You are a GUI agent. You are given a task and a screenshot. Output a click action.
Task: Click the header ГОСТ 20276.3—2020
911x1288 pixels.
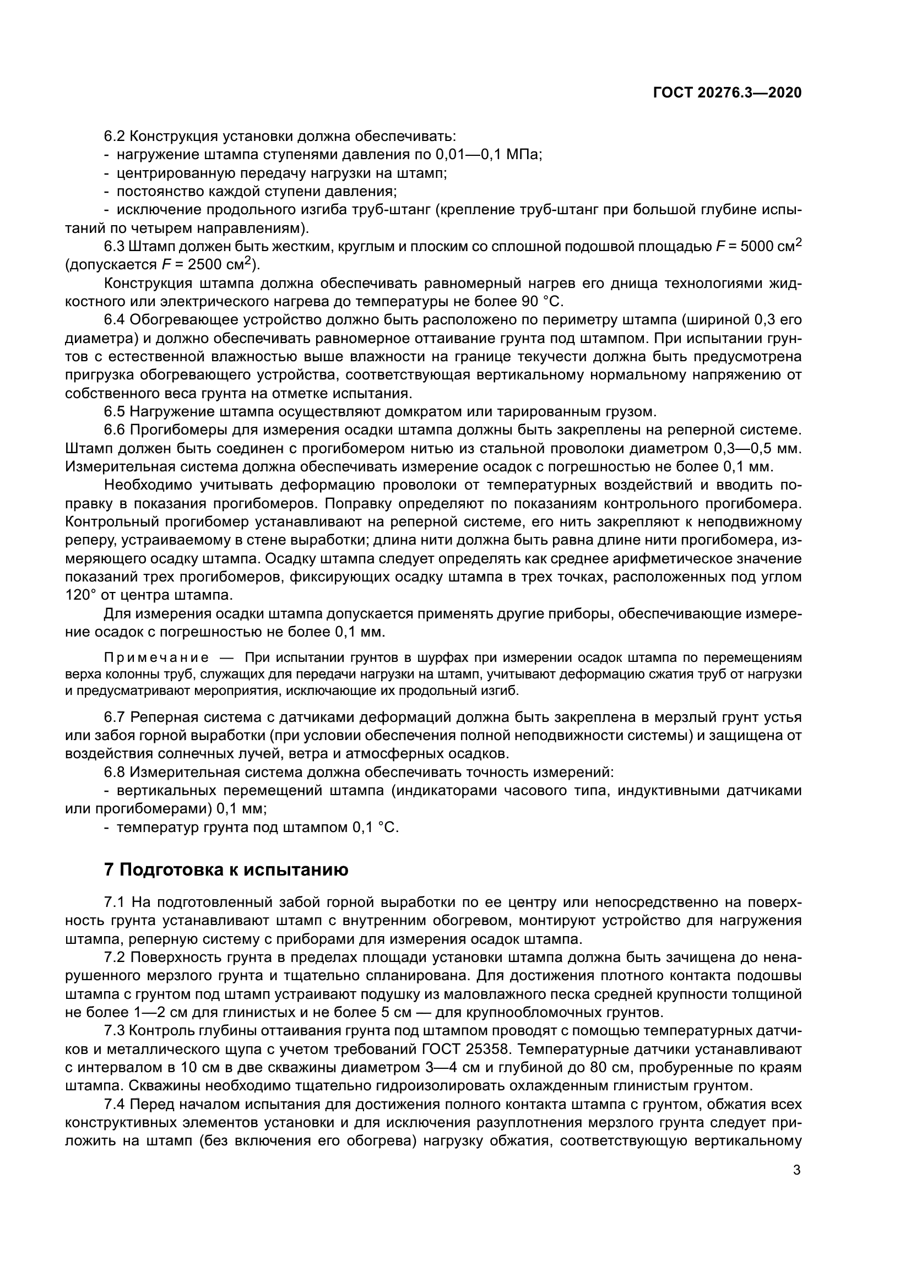click(727, 93)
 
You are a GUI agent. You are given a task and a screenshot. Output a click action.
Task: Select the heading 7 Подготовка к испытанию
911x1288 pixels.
click(226, 869)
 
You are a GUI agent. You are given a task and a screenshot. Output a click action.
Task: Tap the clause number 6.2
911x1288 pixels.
click(115, 137)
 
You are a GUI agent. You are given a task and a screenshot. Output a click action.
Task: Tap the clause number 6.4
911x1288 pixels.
click(115, 320)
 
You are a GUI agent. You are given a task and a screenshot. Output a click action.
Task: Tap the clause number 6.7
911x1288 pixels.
click(115, 718)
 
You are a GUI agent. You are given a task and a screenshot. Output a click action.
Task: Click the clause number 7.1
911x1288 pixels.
click(115, 903)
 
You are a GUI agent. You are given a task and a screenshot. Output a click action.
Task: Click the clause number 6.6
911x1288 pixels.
click(115, 431)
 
